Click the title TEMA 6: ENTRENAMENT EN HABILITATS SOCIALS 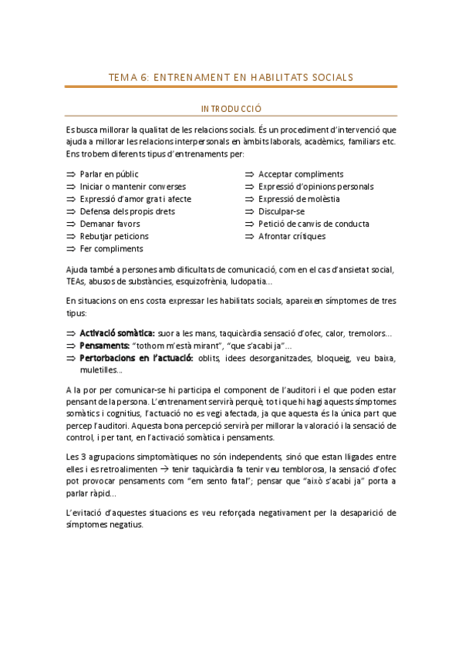tap(231, 77)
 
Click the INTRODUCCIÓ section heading tap(231, 110)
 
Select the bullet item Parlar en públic tap(109, 174)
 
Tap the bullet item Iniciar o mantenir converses tap(132, 187)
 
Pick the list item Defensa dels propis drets tap(126, 211)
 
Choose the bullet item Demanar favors tap(110, 224)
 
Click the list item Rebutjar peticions tap(114, 236)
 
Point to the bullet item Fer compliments tap(111, 249)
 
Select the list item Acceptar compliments tap(301, 174)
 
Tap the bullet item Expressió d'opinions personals tap(315, 187)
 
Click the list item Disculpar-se tap(282, 211)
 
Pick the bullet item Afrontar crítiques tap(292, 236)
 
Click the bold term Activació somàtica tap(117, 332)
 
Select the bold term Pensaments tap(104, 345)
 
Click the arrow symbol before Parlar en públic tap(71, 174)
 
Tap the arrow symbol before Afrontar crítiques tap(250, 236)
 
